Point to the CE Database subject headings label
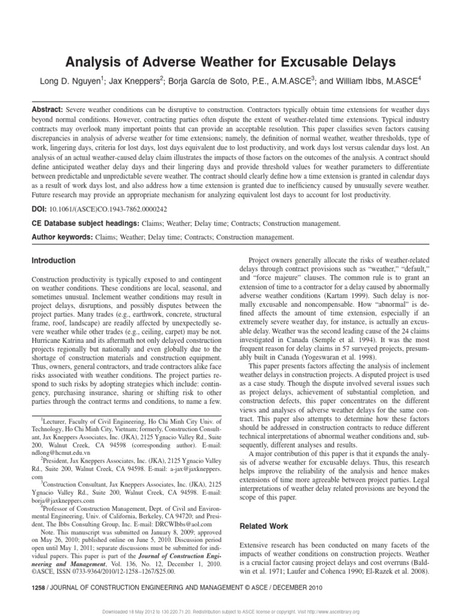(x=84, y=223)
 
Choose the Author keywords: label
(x=61, y=238)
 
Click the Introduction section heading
(x=54, y=260)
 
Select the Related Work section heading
(x=263, y=526)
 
